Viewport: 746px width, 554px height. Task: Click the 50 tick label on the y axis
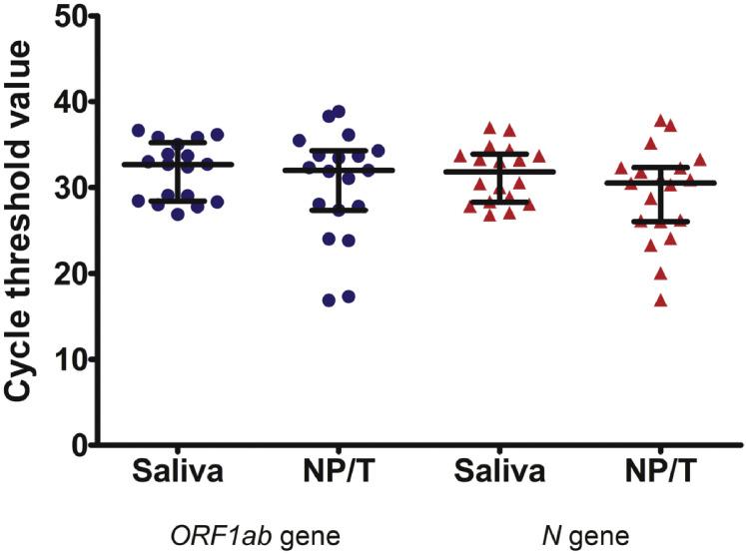click(x=64, y=17)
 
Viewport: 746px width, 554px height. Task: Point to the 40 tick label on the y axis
click(x=64, y=102)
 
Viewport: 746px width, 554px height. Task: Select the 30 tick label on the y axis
click(x=64, y=188)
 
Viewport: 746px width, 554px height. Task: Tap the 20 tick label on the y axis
click(x=64, y=274)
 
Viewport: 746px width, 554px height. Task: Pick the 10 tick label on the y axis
click(x=64, y=359)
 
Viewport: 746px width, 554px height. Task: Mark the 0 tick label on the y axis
click(x=73, y=445)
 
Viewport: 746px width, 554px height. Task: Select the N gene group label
click(x=574, y=535)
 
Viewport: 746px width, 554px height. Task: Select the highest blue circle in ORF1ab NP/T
click(x=339, y=112)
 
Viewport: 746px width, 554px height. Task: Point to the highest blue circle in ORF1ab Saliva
click(x=139, y=130)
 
